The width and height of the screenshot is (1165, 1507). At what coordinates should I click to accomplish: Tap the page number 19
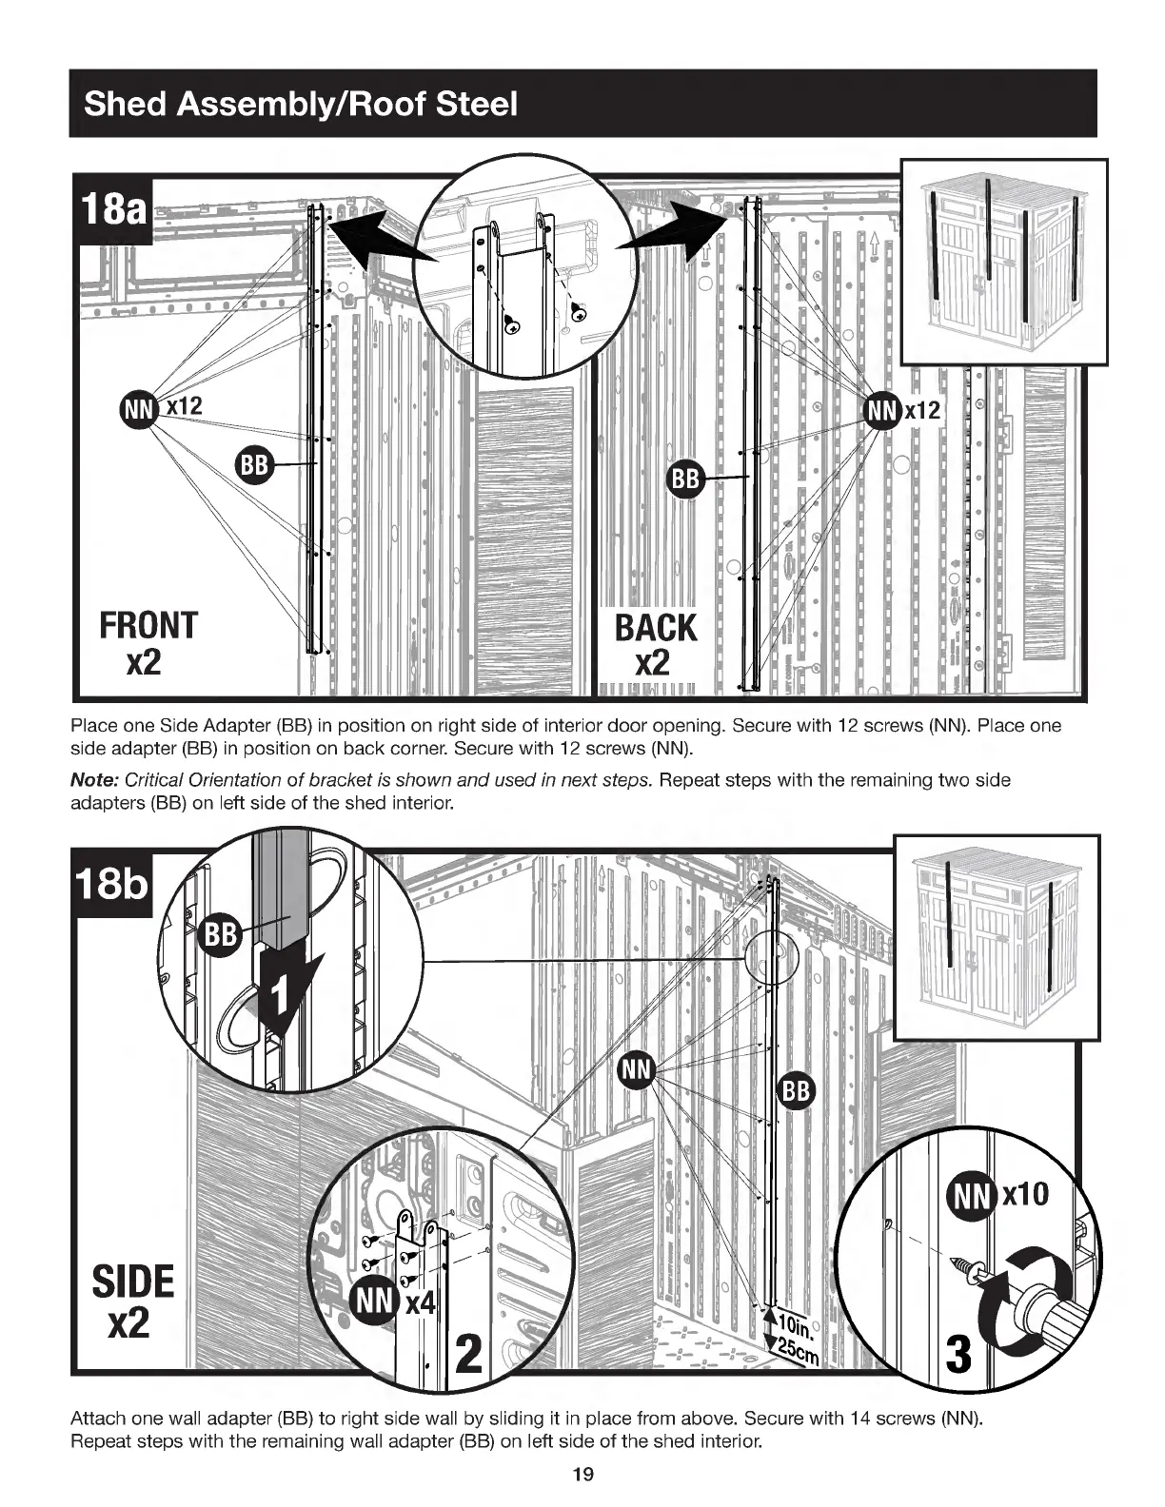[x=582, y=1475]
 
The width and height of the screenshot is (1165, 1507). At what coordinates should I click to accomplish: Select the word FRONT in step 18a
[x=148, y=625]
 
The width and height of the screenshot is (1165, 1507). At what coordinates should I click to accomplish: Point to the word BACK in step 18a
[x=656, y=628]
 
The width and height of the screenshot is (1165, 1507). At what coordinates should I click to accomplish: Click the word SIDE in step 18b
[x=133, y=1282]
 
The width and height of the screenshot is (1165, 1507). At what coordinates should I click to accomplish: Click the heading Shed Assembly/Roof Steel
[x=301, y=103]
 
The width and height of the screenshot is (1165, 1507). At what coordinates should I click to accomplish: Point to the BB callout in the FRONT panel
[x=253, y=464]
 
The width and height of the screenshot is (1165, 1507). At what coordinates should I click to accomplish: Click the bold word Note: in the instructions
[x=95, y=780]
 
